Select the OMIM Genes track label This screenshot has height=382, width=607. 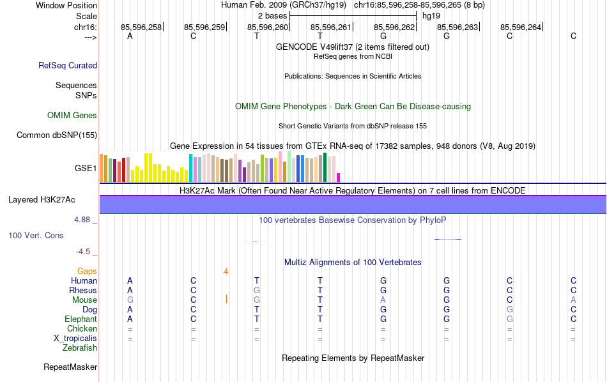pos(72,116)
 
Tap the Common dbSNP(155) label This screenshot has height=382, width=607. pos(57,135)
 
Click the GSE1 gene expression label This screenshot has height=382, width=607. pos(86,169)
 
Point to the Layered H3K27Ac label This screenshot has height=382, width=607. pos(42,200)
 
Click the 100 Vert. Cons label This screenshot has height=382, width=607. pos(36,236)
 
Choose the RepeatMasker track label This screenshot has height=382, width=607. pos(70,367)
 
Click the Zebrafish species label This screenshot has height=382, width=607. pos(80,348)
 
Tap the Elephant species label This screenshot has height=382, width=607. pos(81,319)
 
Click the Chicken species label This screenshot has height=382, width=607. pos(82,329)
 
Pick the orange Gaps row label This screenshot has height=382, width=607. pos(87,271)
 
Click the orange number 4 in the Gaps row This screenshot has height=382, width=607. pos(226,271)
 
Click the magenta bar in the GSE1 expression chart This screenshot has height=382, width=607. pos(339,178)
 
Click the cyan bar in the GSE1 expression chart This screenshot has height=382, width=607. pos(190,168)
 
